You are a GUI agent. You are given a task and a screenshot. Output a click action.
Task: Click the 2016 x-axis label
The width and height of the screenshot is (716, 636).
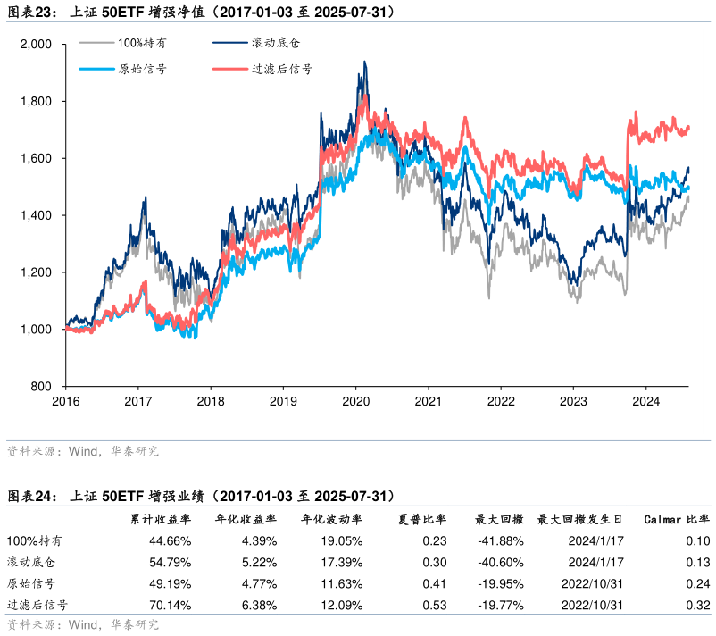[65, 401]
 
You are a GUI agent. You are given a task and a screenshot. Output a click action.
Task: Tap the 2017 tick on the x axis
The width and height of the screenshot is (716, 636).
[137, 401]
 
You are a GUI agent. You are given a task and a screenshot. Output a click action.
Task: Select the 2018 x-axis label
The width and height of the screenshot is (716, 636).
[211, 401]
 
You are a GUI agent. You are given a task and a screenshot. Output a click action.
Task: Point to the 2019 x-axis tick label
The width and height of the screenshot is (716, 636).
[283, 401]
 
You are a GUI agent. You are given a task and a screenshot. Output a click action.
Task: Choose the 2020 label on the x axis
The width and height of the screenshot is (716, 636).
[356, 401]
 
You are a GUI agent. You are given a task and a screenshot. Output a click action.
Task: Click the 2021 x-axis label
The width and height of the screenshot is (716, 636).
[429, 401]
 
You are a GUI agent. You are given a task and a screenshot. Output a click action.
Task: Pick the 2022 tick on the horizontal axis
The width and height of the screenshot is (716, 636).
[501, 401]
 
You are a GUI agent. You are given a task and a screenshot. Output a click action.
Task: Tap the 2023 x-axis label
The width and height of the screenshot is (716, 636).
[574, 401]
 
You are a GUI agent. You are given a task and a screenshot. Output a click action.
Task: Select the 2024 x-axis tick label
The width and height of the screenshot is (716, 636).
[646, 401]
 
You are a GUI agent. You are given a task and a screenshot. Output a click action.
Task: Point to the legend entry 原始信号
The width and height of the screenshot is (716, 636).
[142, 69]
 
